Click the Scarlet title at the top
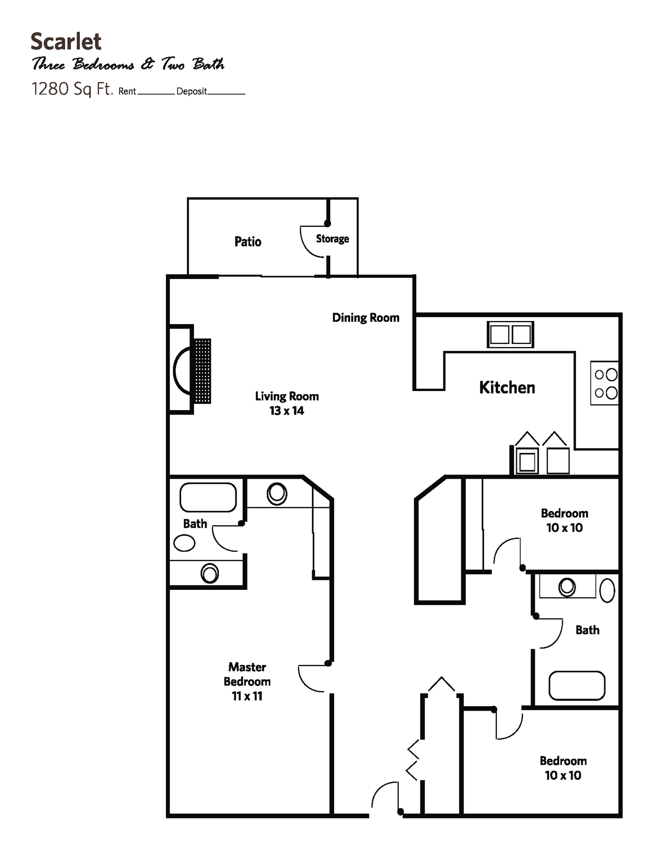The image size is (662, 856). coord(66,41)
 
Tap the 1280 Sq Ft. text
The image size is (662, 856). coord(72,89)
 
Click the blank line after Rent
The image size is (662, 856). coord(156,93)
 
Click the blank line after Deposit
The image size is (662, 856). coord(226,93)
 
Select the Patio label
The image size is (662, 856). coord(248,242)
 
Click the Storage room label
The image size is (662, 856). coord(332,239)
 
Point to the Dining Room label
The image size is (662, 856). coord(365,318)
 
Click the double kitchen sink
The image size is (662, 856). coord(510,334)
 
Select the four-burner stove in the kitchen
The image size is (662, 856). coord(605,383)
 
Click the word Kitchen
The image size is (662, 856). coord(507,387)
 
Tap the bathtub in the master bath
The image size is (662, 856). coord(208,497)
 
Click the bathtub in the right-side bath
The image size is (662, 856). coord(576,686)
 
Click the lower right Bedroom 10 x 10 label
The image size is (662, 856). coord(563,768)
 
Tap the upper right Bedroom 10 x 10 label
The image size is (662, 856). coord(564,520)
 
